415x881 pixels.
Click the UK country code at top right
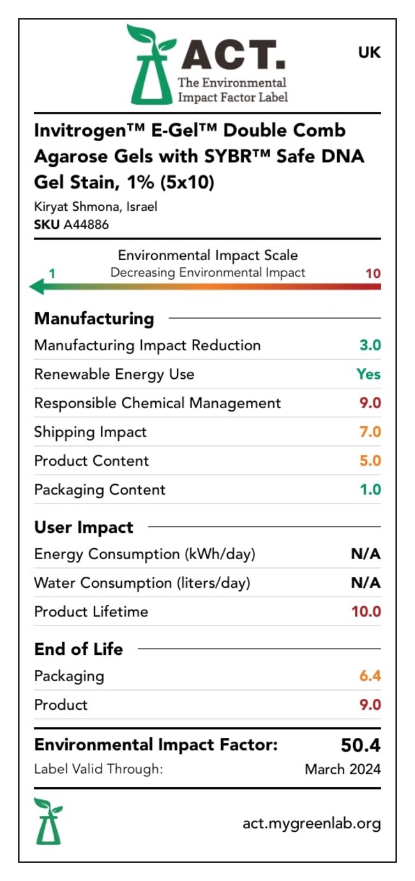369,53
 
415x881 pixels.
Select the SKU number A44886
86,224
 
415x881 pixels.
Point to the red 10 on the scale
373,273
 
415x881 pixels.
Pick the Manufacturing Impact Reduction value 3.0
370,345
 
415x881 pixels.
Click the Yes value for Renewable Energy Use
368,374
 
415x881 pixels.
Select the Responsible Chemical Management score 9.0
370,403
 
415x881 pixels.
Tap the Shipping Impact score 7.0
370,432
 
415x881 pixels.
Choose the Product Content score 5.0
370,461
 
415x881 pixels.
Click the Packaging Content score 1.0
370,489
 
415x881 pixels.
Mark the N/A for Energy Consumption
366,554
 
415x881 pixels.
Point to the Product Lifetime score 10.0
366,611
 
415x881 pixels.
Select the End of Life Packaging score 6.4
370,675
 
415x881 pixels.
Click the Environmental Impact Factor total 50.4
361,746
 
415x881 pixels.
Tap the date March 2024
343,769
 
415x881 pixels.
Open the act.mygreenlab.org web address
312,824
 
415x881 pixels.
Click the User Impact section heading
84,528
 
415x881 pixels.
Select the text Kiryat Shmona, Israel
96,207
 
